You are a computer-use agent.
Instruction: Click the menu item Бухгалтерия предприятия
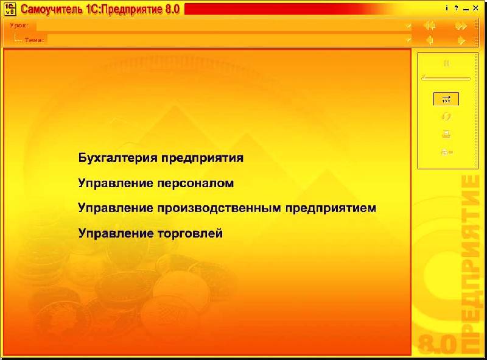pos(161,158)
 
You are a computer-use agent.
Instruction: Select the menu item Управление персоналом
pos(156,183)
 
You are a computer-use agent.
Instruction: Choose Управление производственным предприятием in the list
pos(227,208)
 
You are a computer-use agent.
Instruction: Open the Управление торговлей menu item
pos(150,233)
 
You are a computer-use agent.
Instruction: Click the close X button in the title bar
pos(475,9)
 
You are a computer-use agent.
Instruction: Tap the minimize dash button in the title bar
pos(466,10)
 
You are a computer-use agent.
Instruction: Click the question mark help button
pos(456,8)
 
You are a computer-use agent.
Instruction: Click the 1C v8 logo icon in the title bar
pos(10,9)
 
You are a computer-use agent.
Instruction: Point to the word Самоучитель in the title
pos(52,9)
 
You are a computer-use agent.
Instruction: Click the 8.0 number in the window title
pos(172,9)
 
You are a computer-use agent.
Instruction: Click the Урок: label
pos(19,26)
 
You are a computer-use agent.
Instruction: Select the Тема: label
pos(35,40)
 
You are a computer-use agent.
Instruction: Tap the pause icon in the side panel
pos(447,63)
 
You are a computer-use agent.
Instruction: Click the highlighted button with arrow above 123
pos(446,99)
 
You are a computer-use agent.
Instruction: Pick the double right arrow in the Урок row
pos(461,26)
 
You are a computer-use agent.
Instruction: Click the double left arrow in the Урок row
pos(430,26)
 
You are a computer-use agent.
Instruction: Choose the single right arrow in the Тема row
pos(461,40)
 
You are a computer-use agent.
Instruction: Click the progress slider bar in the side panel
pos(446,79)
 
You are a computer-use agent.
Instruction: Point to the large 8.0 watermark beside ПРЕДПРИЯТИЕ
pos(436,344)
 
